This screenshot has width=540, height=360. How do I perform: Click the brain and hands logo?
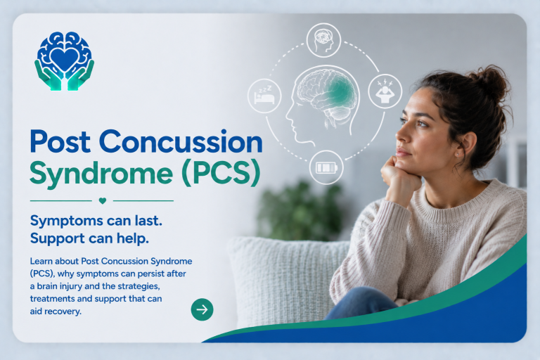64,61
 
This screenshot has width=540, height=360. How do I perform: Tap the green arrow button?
202,309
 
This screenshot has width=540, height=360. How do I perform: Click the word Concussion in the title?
181,141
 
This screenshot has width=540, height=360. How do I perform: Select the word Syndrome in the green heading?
101,174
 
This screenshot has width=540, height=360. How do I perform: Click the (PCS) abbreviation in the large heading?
221,173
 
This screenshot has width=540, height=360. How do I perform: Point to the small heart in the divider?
102,200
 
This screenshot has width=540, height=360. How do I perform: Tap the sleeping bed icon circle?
264,96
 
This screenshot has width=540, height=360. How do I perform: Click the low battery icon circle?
326,167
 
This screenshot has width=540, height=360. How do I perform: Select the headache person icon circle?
385,91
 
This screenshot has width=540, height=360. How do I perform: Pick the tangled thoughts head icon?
323,40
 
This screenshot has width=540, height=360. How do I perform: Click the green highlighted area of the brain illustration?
338,92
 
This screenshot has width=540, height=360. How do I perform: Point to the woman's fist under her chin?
399,174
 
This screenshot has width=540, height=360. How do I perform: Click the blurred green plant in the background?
300,211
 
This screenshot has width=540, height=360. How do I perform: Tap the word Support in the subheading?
58,238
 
